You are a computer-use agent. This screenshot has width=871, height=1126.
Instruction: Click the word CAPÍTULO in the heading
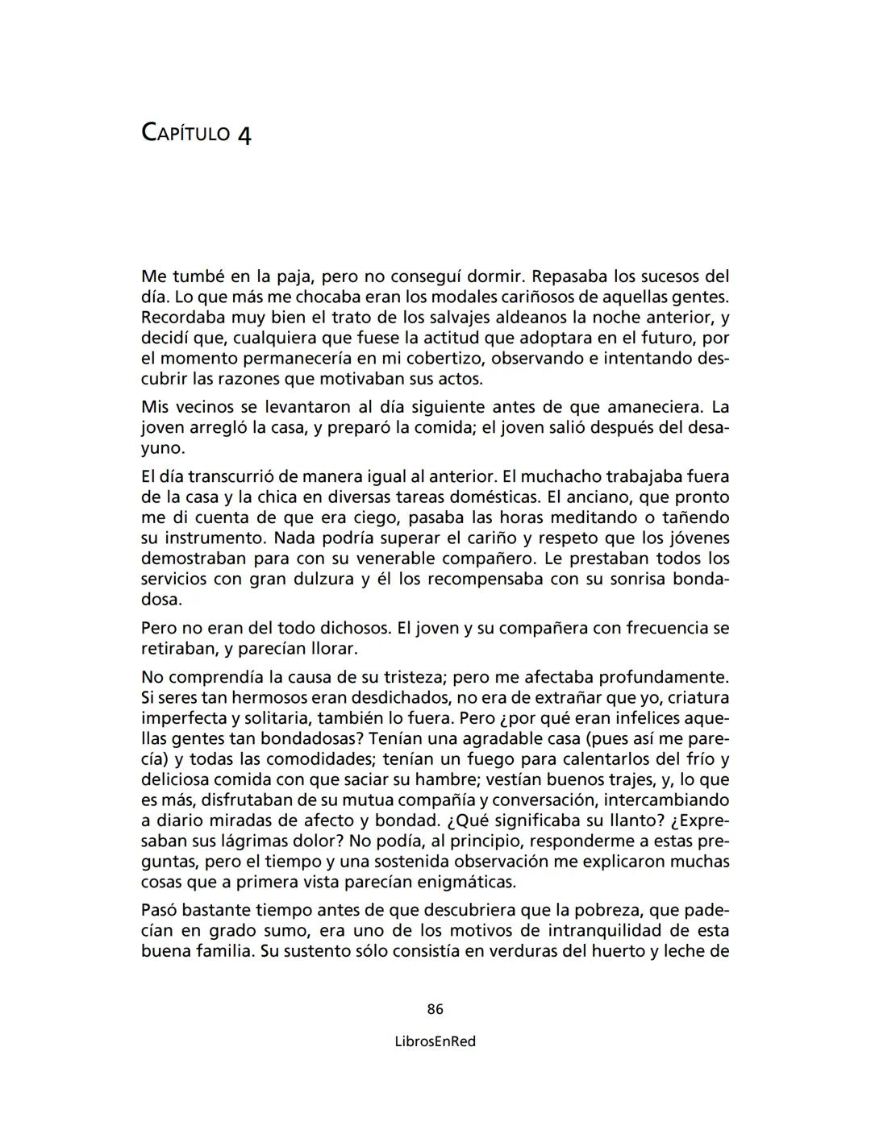[x=185, y=133]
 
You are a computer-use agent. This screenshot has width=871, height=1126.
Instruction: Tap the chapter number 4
[x=244, y=135]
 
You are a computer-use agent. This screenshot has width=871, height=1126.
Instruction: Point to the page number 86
[x=435, y=1009]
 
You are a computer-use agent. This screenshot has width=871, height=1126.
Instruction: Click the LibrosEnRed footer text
[x=435, y=1041]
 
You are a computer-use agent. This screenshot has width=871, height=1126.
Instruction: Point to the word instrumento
[x=215, y=538]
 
